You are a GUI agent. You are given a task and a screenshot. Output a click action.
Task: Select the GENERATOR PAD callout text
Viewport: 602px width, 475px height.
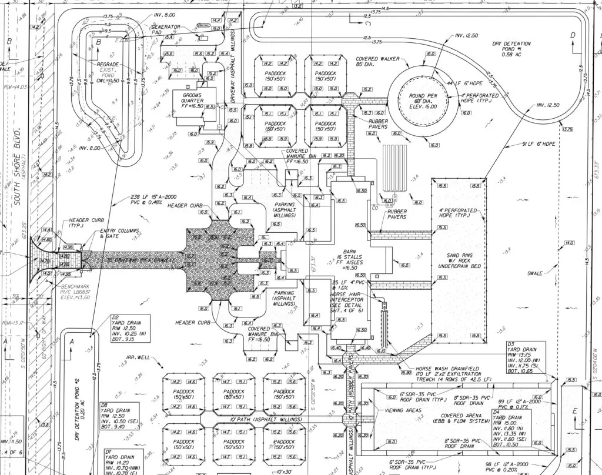(x=165, y=30)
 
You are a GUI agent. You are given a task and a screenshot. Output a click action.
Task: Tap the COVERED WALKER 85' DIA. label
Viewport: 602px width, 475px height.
(x=377, y=63)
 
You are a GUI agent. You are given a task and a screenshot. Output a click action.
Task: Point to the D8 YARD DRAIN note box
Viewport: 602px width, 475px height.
(x=119, y=416)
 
